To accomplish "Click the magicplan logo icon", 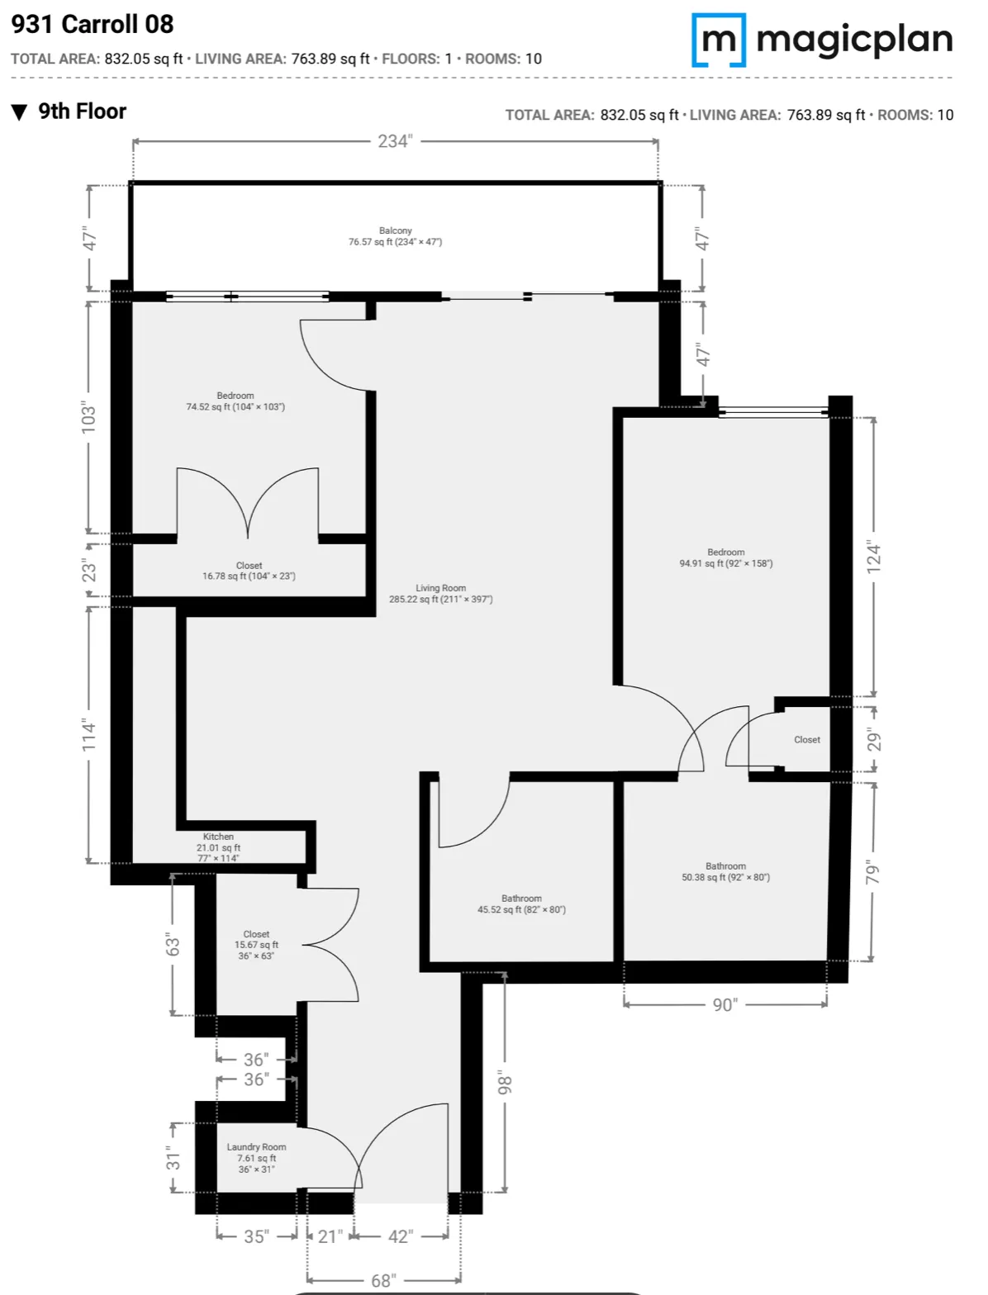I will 719,40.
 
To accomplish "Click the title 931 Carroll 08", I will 93,24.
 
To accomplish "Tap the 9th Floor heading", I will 81,111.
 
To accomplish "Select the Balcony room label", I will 395,236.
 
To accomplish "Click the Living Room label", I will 440,594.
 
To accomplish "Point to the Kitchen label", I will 218,847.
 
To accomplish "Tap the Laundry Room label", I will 256,1158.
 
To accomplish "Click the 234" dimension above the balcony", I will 394,141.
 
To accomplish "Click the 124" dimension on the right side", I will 874,557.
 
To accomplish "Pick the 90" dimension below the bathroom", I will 724,1004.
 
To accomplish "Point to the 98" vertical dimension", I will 505,1084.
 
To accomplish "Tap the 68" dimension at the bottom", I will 382,1280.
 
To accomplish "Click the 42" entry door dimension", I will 400,1236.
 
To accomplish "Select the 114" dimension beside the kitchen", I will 89,735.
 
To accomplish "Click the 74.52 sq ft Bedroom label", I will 235,401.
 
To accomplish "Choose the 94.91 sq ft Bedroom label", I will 726,557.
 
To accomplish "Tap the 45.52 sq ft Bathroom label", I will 521,904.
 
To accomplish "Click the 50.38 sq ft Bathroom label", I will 725,872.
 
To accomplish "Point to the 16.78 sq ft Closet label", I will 249,571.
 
